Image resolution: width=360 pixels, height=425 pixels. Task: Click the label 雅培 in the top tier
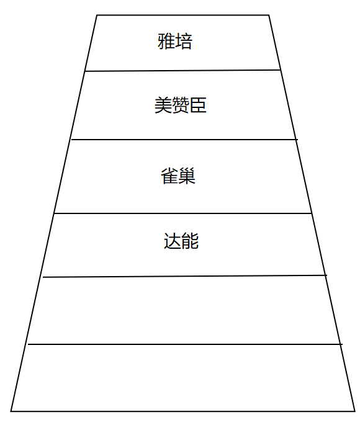[175, 41]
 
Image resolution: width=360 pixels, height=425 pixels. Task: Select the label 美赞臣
[180, 105]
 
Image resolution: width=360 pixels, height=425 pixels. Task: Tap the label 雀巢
[178, 176]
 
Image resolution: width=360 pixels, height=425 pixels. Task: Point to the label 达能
[181, 241]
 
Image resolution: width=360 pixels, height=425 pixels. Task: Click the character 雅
[166, 41]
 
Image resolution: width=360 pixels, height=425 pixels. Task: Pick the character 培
[184, 41]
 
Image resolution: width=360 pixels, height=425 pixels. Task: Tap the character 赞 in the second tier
[180, 105]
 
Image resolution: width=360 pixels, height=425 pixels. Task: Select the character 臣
[198, 105]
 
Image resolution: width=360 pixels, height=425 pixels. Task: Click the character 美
[163, 105]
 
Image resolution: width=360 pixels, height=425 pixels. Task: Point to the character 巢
[187, 176]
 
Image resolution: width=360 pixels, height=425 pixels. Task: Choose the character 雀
[169, 176]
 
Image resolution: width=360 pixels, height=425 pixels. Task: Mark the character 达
[173, 241]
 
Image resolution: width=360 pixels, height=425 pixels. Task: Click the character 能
[190, 241]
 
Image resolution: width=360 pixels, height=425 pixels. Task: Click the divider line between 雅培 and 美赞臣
[182, 71]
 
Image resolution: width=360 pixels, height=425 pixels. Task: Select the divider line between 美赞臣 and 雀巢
[184, 140]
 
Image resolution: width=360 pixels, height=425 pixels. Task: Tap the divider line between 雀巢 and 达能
[182, 213]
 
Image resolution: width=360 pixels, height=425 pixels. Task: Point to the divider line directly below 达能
[185, 276]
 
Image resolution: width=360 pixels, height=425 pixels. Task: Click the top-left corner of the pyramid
[97, 15]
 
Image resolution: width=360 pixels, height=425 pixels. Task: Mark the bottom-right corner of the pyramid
[355, 411]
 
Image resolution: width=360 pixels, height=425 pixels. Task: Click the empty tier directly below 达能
[184, 310]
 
